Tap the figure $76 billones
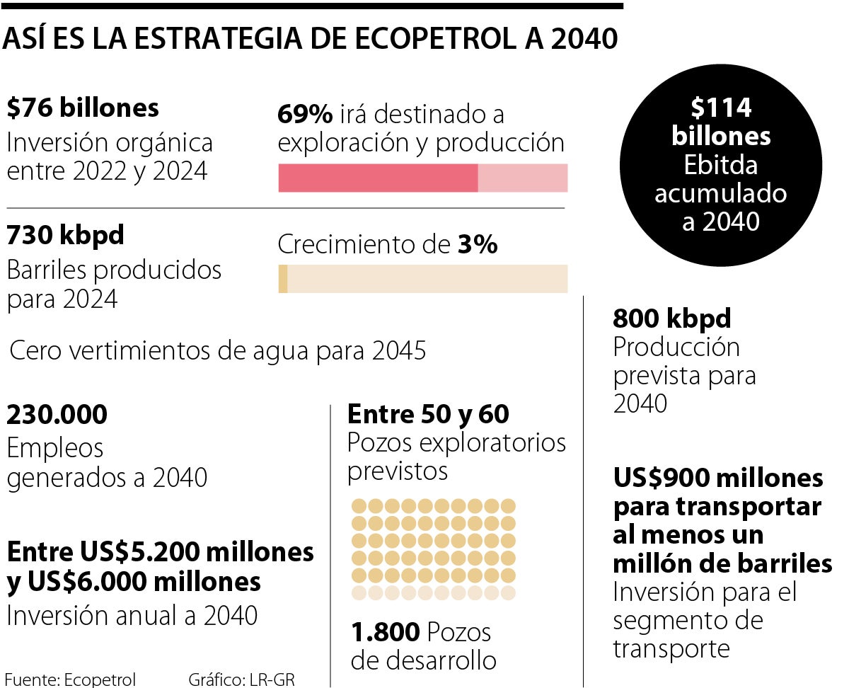[x=82, y=108]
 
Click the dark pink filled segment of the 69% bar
[x=378, y=178]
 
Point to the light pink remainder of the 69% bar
[x=523, y=178]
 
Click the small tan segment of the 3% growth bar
[x=283, y=278]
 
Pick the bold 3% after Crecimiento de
[x=477, y=245]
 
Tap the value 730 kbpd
[x=65, y=236]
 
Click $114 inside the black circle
[x=721, y=108]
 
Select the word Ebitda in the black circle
[x=721, y=164]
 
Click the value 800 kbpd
[x=671, y=319]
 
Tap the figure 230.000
[x=57, y=415]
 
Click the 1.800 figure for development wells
[x=385, y=632]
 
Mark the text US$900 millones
[x=718, y=478]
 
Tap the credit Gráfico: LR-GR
[x=241, y=680]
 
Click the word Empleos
[x=55, y=447]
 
